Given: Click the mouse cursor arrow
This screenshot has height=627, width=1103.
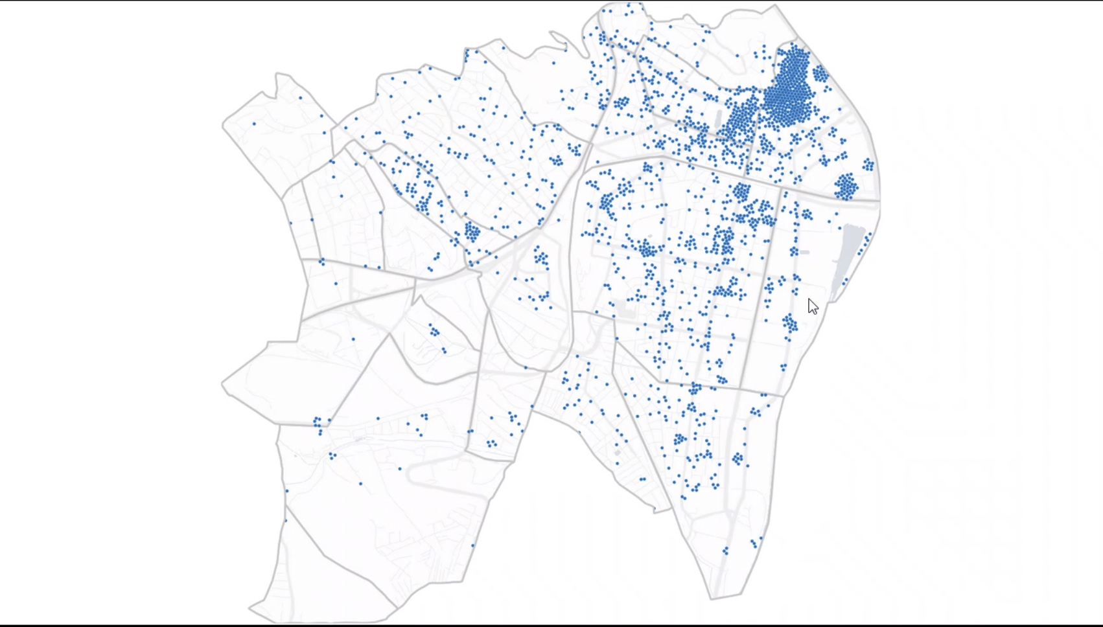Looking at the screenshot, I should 812,306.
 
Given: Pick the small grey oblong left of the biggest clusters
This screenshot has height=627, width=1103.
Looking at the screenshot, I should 718,119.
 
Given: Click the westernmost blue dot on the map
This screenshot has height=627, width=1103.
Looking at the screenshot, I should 254,124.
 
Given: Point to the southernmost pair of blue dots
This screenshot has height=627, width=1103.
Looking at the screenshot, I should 726,551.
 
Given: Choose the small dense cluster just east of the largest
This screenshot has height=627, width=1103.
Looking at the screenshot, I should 820,74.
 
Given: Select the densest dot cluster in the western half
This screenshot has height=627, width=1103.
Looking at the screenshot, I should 472,231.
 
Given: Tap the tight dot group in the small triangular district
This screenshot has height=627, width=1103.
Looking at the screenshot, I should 434,331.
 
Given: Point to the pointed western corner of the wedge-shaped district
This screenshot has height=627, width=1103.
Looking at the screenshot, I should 223,386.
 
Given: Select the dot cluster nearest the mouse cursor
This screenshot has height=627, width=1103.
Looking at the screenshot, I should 789,323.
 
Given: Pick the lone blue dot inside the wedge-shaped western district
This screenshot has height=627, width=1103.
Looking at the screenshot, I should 353,339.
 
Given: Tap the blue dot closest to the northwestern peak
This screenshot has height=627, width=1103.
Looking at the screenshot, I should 301,98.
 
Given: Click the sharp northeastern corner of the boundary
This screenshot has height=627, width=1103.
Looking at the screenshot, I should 776,6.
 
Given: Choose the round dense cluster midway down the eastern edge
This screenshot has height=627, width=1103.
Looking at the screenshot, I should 846,186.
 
